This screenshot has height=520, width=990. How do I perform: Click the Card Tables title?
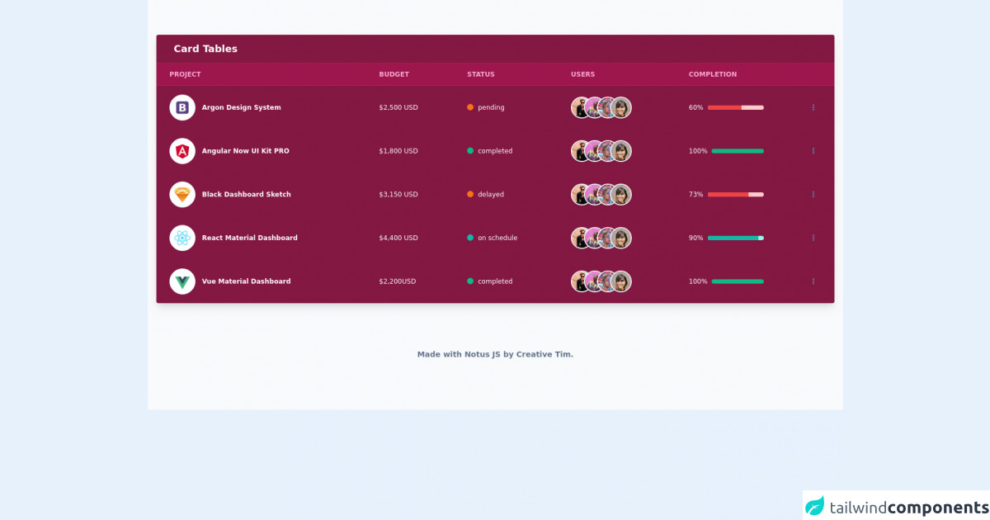[x=205, y=49]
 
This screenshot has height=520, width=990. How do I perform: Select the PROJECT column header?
[x=185, y=74]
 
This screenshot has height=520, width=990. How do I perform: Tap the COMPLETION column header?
[x=713, y=74]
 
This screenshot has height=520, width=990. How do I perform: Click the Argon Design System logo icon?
[x=182, y=107]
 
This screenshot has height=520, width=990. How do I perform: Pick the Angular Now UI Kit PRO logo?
[x=182, y=151]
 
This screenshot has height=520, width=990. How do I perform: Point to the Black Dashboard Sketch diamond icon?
[x=182, y=195]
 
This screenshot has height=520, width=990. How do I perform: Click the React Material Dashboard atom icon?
[x=182, y=238]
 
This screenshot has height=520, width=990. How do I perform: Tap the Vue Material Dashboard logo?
[x=182, y=281]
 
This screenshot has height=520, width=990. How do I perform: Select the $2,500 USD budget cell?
[x=398, y=107]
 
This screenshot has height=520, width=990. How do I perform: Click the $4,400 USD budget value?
[x=398, y=238]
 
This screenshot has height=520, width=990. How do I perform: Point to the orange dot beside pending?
[x=470, y=107]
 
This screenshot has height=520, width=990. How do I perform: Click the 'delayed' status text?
[x=491, y=195]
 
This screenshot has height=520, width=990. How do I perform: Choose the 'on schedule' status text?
[x=497, y=238]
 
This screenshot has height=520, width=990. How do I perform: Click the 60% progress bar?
[x=735, y=107]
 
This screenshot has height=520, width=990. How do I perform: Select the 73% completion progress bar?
[x=735, y=195]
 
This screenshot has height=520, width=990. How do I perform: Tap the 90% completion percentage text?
[x=696, y=238]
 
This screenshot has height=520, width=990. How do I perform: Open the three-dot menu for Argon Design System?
[x=813, y=107]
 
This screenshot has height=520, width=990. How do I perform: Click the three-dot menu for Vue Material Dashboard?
[x=813, y=281]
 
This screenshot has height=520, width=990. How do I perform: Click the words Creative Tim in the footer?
[x=544, y=354]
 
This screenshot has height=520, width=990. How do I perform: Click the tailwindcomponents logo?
[x=896, y=506]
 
